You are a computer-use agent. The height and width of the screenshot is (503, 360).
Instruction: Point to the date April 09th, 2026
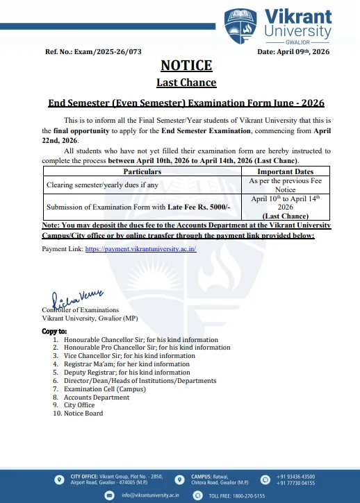click(293, 52)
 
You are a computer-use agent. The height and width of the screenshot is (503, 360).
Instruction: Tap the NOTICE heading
click(186, 66)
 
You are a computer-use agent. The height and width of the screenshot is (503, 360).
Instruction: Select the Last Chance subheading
click(186, 83)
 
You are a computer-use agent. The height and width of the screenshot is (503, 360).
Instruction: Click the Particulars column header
click(142, 171)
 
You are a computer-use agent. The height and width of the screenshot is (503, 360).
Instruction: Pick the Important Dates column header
click(285, 171)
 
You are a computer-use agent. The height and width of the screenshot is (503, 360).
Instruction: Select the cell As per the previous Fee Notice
click(285, 185)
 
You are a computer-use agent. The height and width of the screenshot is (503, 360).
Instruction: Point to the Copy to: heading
click(55, 332)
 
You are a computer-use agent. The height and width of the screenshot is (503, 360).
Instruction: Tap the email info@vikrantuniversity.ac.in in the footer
click(151, 495)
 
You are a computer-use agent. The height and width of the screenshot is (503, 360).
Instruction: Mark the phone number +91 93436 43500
click(295, 477)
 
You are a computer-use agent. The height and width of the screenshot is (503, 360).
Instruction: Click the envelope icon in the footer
click(108, 495)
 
